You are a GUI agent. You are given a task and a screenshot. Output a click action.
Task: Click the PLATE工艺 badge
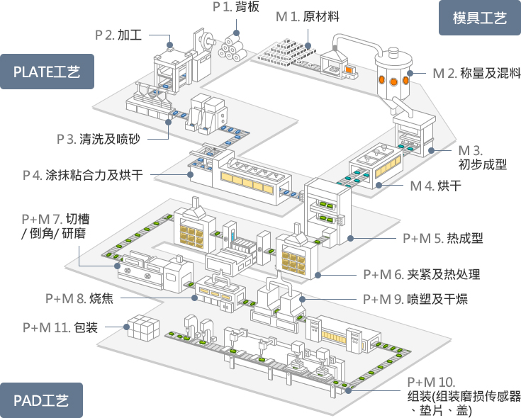[x=47, y=71]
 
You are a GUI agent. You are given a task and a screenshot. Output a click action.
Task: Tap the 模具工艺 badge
[x=480, y=18]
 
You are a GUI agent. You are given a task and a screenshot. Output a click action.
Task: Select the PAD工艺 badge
[x=42, y=400]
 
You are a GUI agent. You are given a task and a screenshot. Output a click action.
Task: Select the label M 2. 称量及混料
[x=476, y=72]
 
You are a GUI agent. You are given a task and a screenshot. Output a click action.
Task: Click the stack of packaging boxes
[x=141, y=328]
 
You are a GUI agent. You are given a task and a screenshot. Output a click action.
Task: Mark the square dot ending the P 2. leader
[x=171, y=45]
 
